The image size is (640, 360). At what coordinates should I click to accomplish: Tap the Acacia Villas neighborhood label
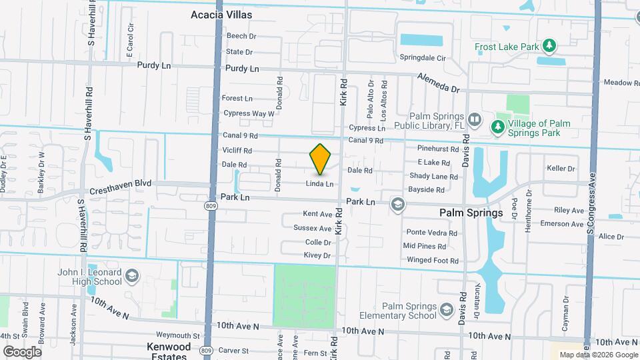[219, 14]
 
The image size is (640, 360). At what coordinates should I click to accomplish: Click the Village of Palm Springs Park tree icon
[497, 126]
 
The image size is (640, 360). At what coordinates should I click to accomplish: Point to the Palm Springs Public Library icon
[475, 120]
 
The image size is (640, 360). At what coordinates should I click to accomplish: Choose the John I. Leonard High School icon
[133, 275]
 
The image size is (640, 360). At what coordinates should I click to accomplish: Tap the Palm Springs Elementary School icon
[447, 310]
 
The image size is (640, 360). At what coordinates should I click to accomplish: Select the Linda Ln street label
[319, 183]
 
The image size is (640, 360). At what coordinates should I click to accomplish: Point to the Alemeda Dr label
[439, 83]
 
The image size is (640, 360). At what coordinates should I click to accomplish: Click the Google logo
[22, 351]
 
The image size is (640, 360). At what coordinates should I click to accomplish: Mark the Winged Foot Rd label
[433, 261]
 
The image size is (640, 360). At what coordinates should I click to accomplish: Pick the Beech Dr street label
[241, 36]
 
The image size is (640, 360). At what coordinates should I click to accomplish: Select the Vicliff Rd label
[237, 151]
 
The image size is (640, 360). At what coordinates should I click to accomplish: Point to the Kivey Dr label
[317, 255]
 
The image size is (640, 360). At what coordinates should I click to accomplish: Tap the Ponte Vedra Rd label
[432, 233]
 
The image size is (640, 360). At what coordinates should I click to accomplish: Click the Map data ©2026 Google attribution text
[597, 355]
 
